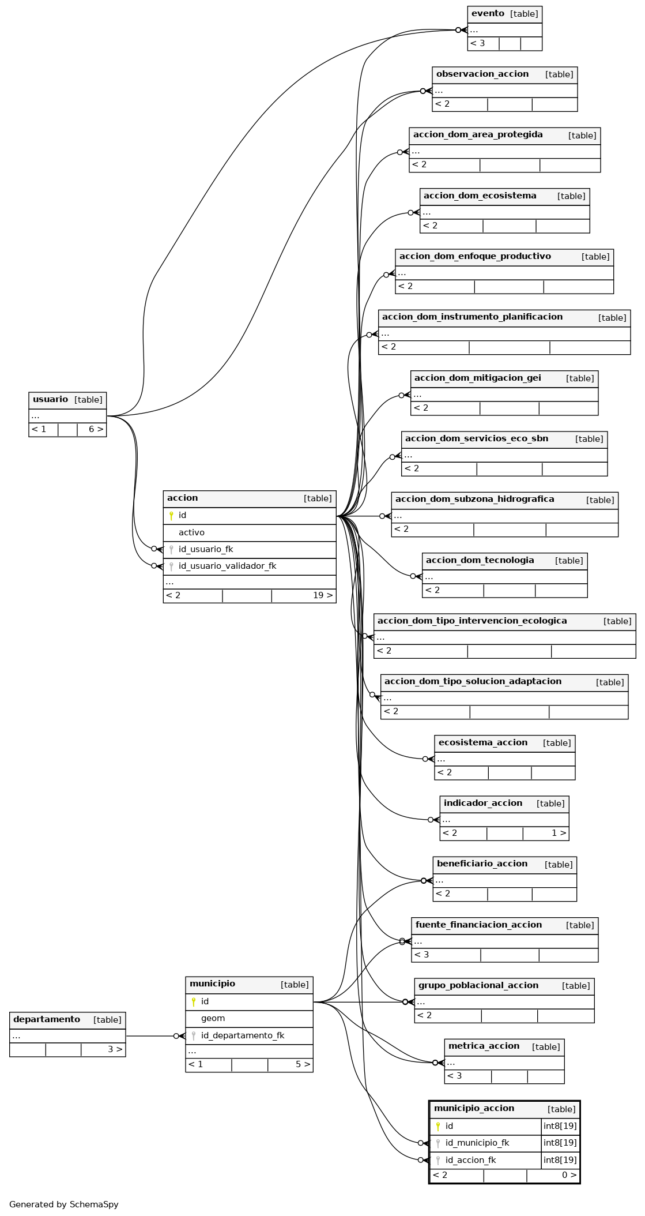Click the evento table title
pos(488,14)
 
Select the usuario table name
pos(50,399)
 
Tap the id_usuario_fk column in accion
pos(206,549)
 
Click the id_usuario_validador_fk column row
pos(227,566)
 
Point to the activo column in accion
pos(191,532)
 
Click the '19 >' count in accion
pos(323,595)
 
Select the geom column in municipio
pos(213,1018)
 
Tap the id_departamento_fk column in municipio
pos(243,1035)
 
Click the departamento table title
pos(47,1019)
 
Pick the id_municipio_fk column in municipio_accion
pos(477,1143)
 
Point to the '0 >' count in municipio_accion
pos(569,1175)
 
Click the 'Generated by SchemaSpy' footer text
pos(64,1204)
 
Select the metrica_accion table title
pos(484,1046)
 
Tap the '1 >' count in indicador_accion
pos(559,833)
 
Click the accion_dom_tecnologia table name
pos(480,560)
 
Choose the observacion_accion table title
pos(482,74)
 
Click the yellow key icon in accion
pos(171,516)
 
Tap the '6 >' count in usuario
pos(96,429)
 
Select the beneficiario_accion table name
pos(482,864)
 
